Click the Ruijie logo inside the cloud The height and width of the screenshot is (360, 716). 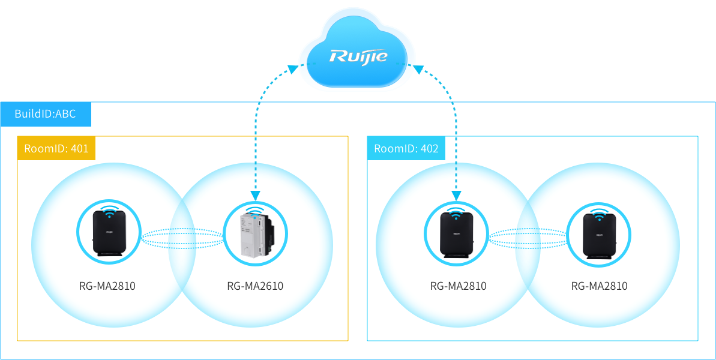[x=358, y=57]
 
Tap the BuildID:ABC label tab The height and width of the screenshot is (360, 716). [x=46, y=114]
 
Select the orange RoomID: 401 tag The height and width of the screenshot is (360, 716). [x=56, y=148]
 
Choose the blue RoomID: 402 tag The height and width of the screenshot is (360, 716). [x=406, y=148]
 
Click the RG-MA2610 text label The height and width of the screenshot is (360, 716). [x=255, y=286]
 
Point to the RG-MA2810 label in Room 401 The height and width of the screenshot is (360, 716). [x=107, y=286]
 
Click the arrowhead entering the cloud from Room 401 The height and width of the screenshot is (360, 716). [x=293, y=69]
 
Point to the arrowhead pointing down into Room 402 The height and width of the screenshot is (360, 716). [x=457, y=194]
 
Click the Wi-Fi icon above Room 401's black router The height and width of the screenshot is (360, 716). [x=109, y=211]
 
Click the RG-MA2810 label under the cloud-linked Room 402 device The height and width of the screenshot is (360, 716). [x=459, y=286]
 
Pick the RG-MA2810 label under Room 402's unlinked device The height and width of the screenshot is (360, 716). [x=599, y=286]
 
